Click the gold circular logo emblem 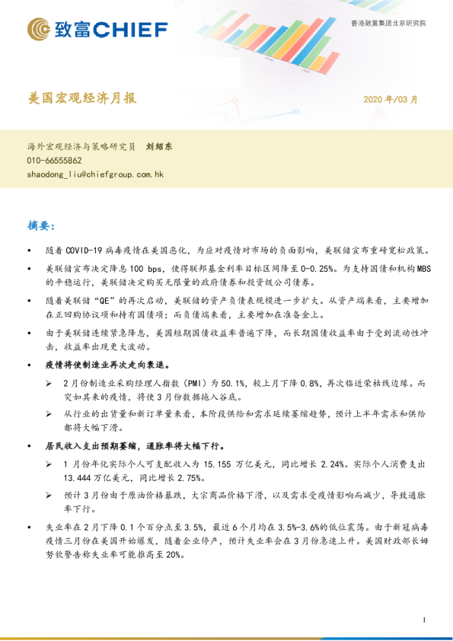click(40, 30)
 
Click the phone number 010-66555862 click(54, 161)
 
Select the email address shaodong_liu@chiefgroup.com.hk click(95, 174)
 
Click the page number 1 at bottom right click(423, 620)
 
